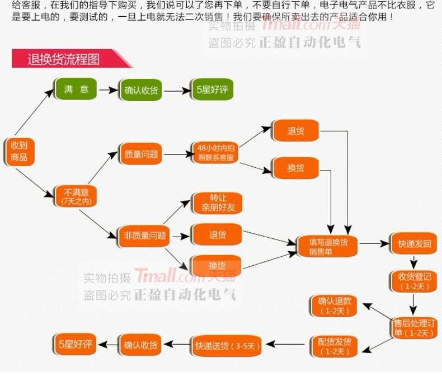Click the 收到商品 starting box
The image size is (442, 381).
pyautogui.click(x=19, y=151)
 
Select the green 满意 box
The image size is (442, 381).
pyautogui.click(x=76, y=89)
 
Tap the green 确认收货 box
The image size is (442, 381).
pyautogui.click(x=141, y=90)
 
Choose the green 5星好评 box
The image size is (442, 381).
pyautogui.click(x=212, y=90)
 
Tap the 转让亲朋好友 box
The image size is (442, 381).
pyautogui.click(x=218, y=203)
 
